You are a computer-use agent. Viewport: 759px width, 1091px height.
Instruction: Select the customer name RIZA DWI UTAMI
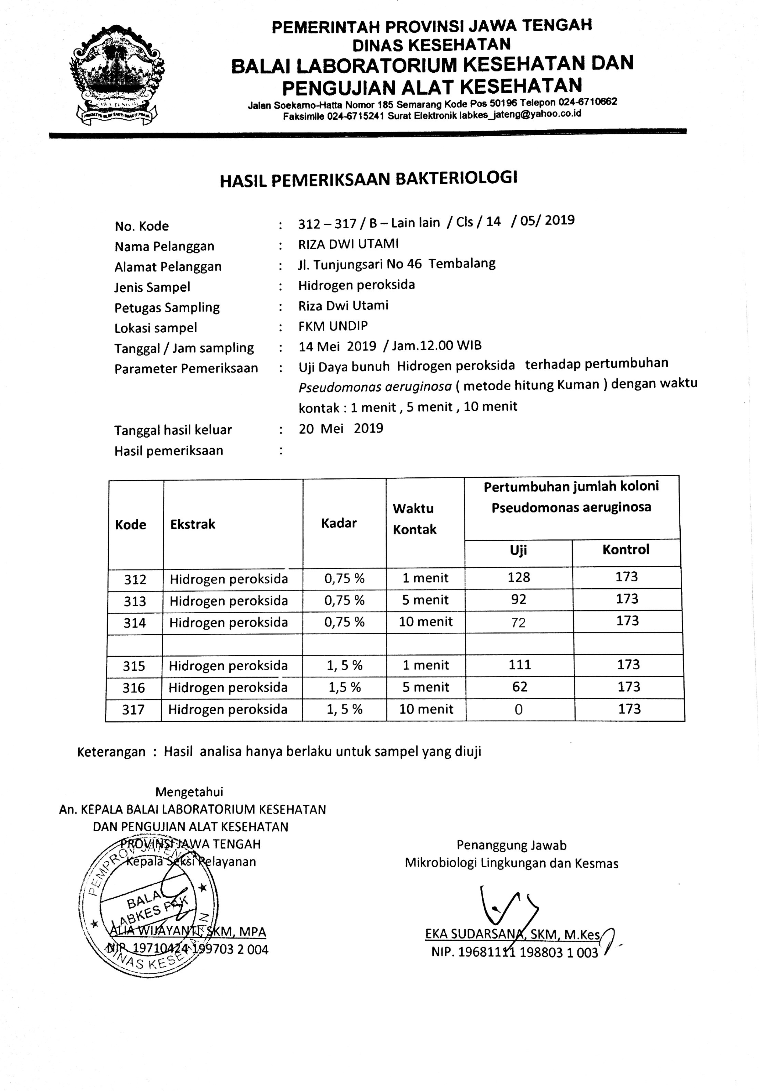[x=348, y=244]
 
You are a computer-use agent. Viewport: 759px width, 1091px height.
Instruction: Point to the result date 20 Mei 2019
[x=341, y=429]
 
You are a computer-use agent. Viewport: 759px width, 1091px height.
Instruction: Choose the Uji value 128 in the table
[x=519, y=577]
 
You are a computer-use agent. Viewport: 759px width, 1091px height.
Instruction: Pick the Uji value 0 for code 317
[x=519, y=709]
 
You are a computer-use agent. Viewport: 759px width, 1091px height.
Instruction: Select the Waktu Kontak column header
[x=414, y=519]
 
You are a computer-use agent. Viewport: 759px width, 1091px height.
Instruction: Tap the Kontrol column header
[x=626, y=550]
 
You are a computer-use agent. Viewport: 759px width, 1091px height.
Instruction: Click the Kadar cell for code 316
[x=345, y=687]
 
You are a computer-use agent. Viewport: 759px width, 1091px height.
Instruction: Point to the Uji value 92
[x=519, y=599]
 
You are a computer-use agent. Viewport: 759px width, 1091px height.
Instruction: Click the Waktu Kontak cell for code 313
[x=425, y=600]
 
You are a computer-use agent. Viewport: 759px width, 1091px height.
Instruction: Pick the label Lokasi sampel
[x=155, y=328]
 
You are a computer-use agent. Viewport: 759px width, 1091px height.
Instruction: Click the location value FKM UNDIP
[x=333, y=326]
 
